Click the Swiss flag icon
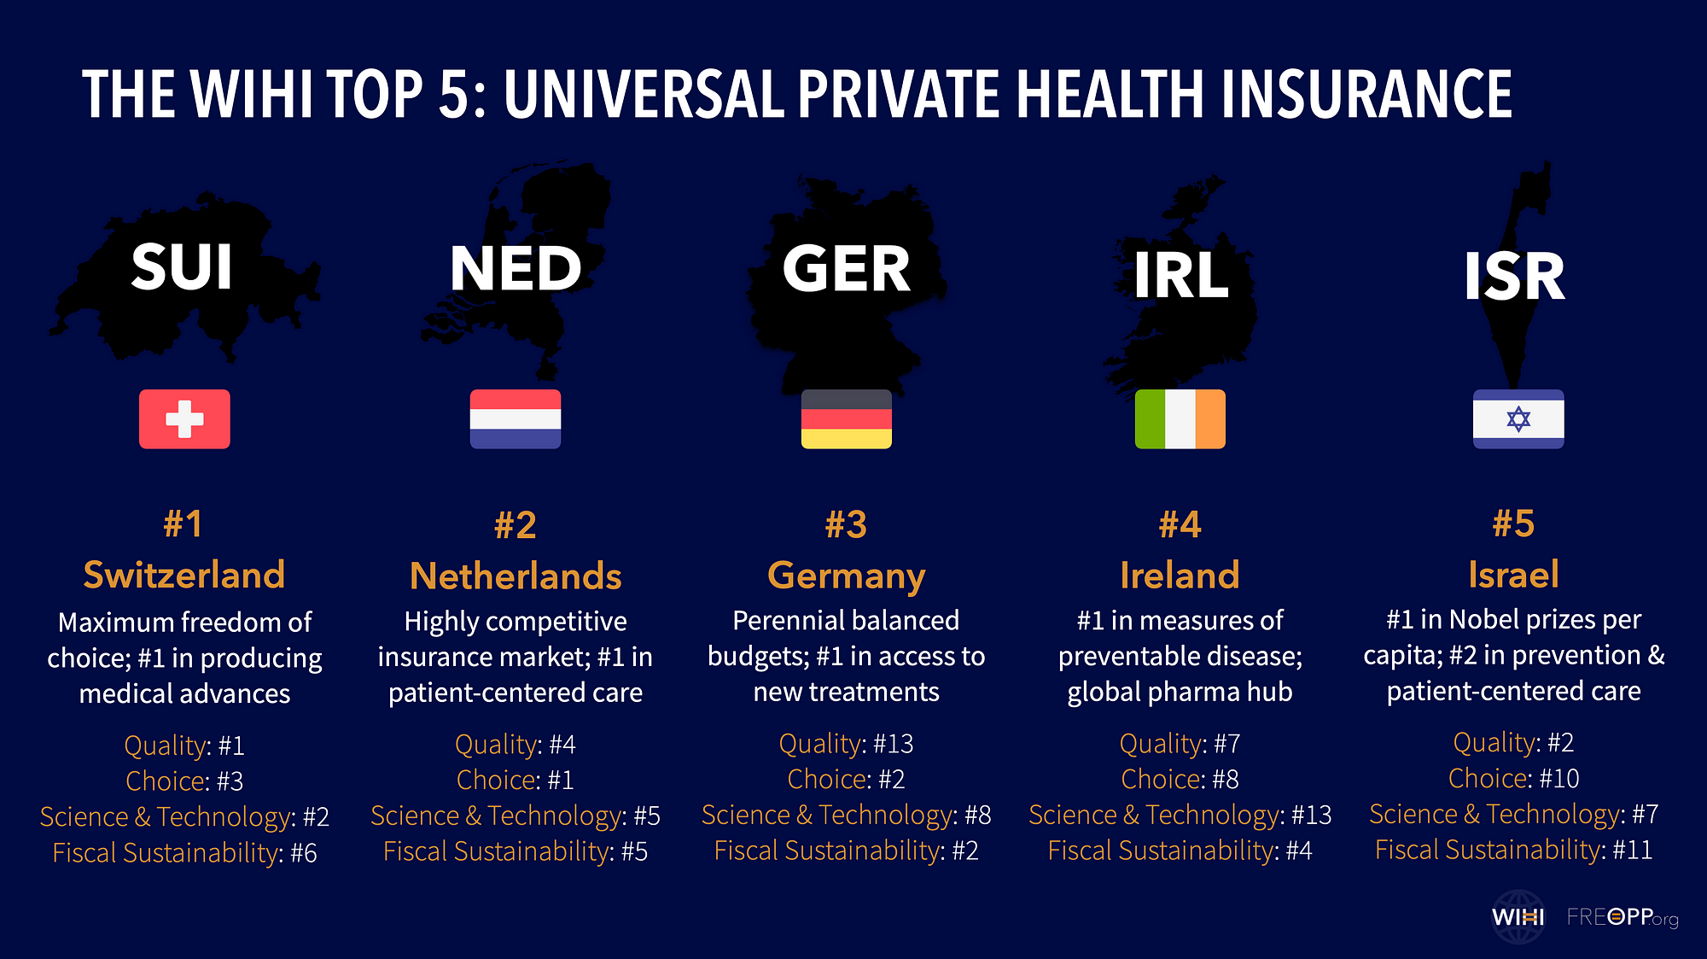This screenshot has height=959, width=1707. tap(184, 419)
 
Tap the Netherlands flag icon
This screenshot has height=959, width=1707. tap(516, 419)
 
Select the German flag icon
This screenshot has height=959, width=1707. tap(846, 419)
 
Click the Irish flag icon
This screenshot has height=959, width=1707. tap(1180, 419)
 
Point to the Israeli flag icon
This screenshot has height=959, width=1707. tap(1518, 419)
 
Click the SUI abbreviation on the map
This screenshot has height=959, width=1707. tap(182, 267)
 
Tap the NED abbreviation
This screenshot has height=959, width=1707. tap(516, 269)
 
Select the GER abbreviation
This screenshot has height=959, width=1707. tap(846, 269)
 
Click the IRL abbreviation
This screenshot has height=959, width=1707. tap(1180, 276)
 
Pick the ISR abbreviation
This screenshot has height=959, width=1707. tap(1514, 277)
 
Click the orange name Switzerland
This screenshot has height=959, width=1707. tap(184, 575)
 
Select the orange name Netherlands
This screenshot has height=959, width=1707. tap(516, 576)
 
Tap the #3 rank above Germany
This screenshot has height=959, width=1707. tap(846, 524)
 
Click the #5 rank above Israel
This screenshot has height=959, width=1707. tap(1513, 523)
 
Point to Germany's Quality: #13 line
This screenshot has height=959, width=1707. tap(846, 744)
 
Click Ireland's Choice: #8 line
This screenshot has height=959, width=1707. tap(1180, 779)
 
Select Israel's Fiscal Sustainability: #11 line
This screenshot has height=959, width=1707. tap(1513, 850)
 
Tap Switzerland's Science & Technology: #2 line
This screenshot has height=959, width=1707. tap(184, 816)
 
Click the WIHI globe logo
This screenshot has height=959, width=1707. tap(1518, 917)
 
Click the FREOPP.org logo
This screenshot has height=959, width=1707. tap(1622, 917)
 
